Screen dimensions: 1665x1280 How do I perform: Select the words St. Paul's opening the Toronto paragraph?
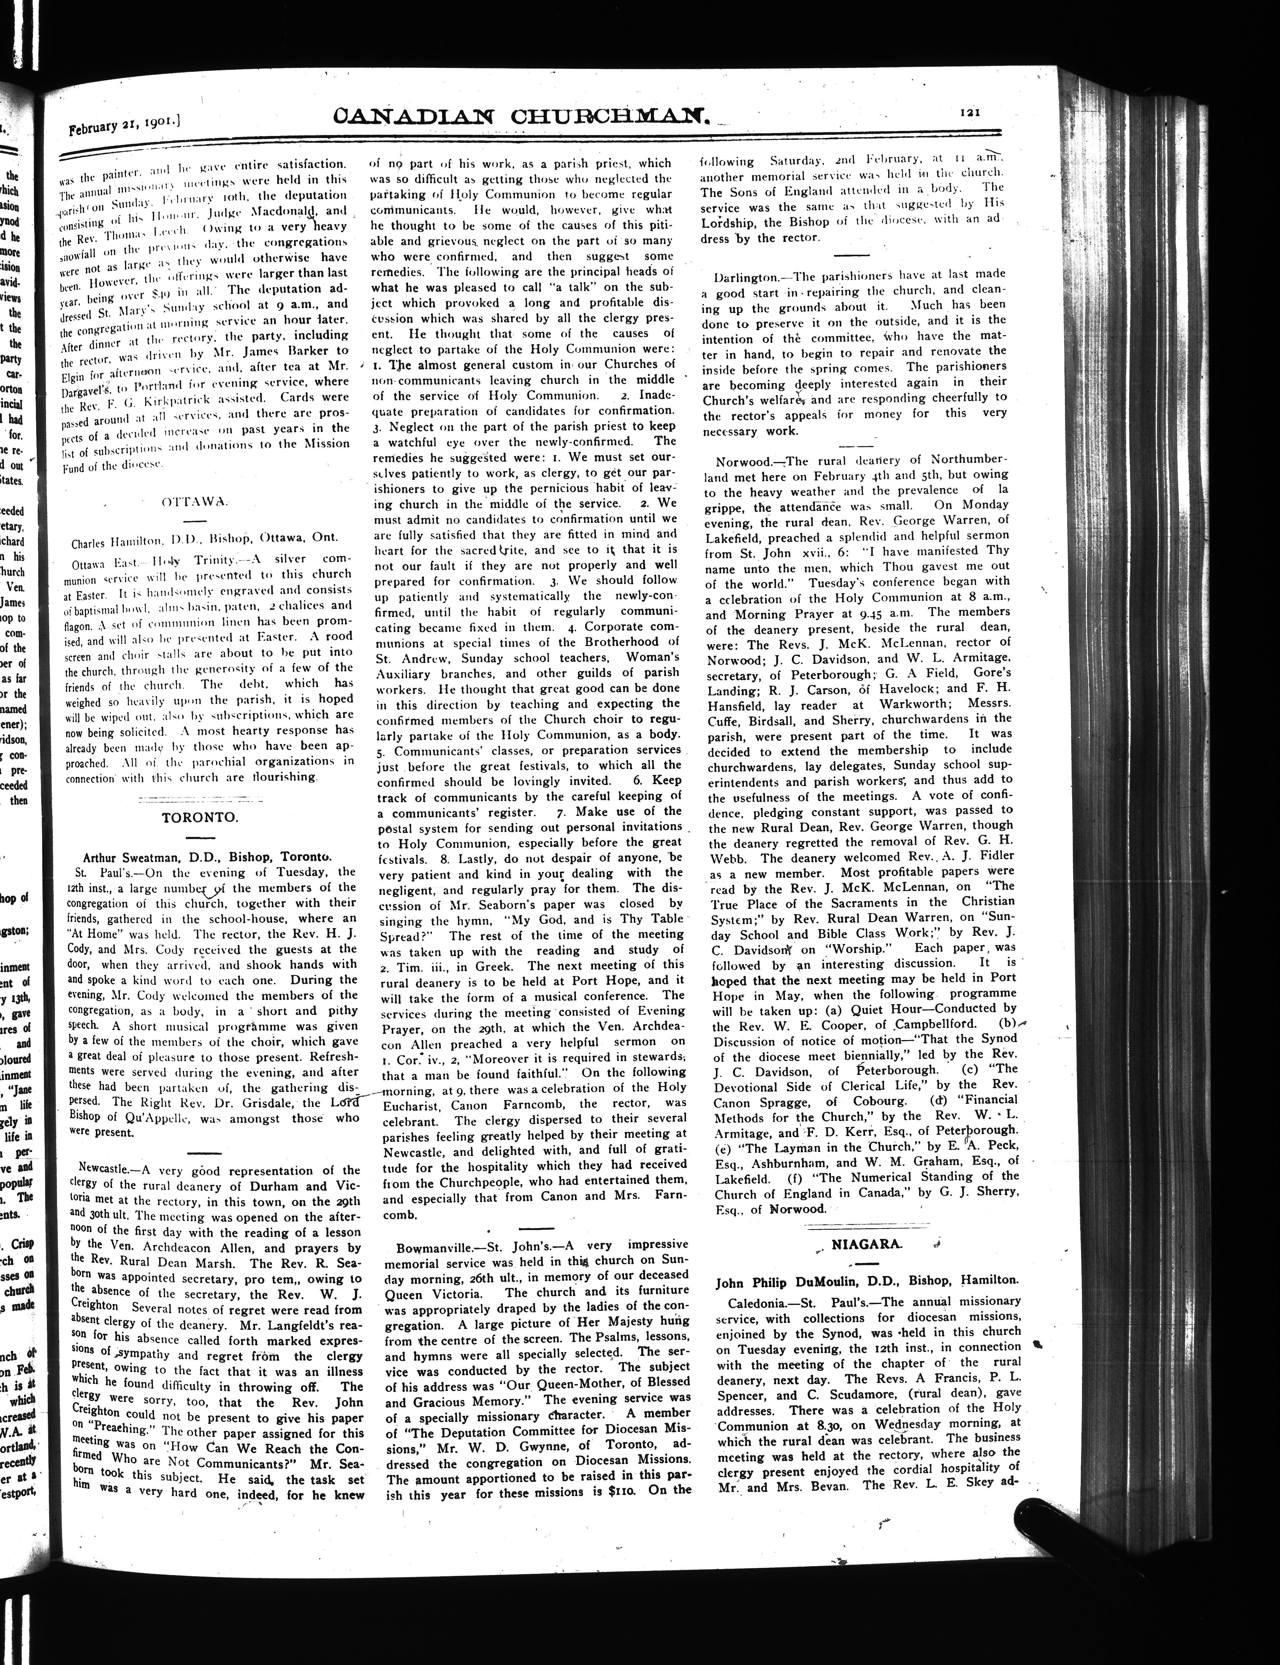coord(95,872)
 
